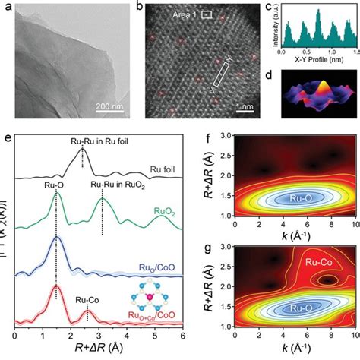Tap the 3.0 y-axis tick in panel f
(x=226, y=135)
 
